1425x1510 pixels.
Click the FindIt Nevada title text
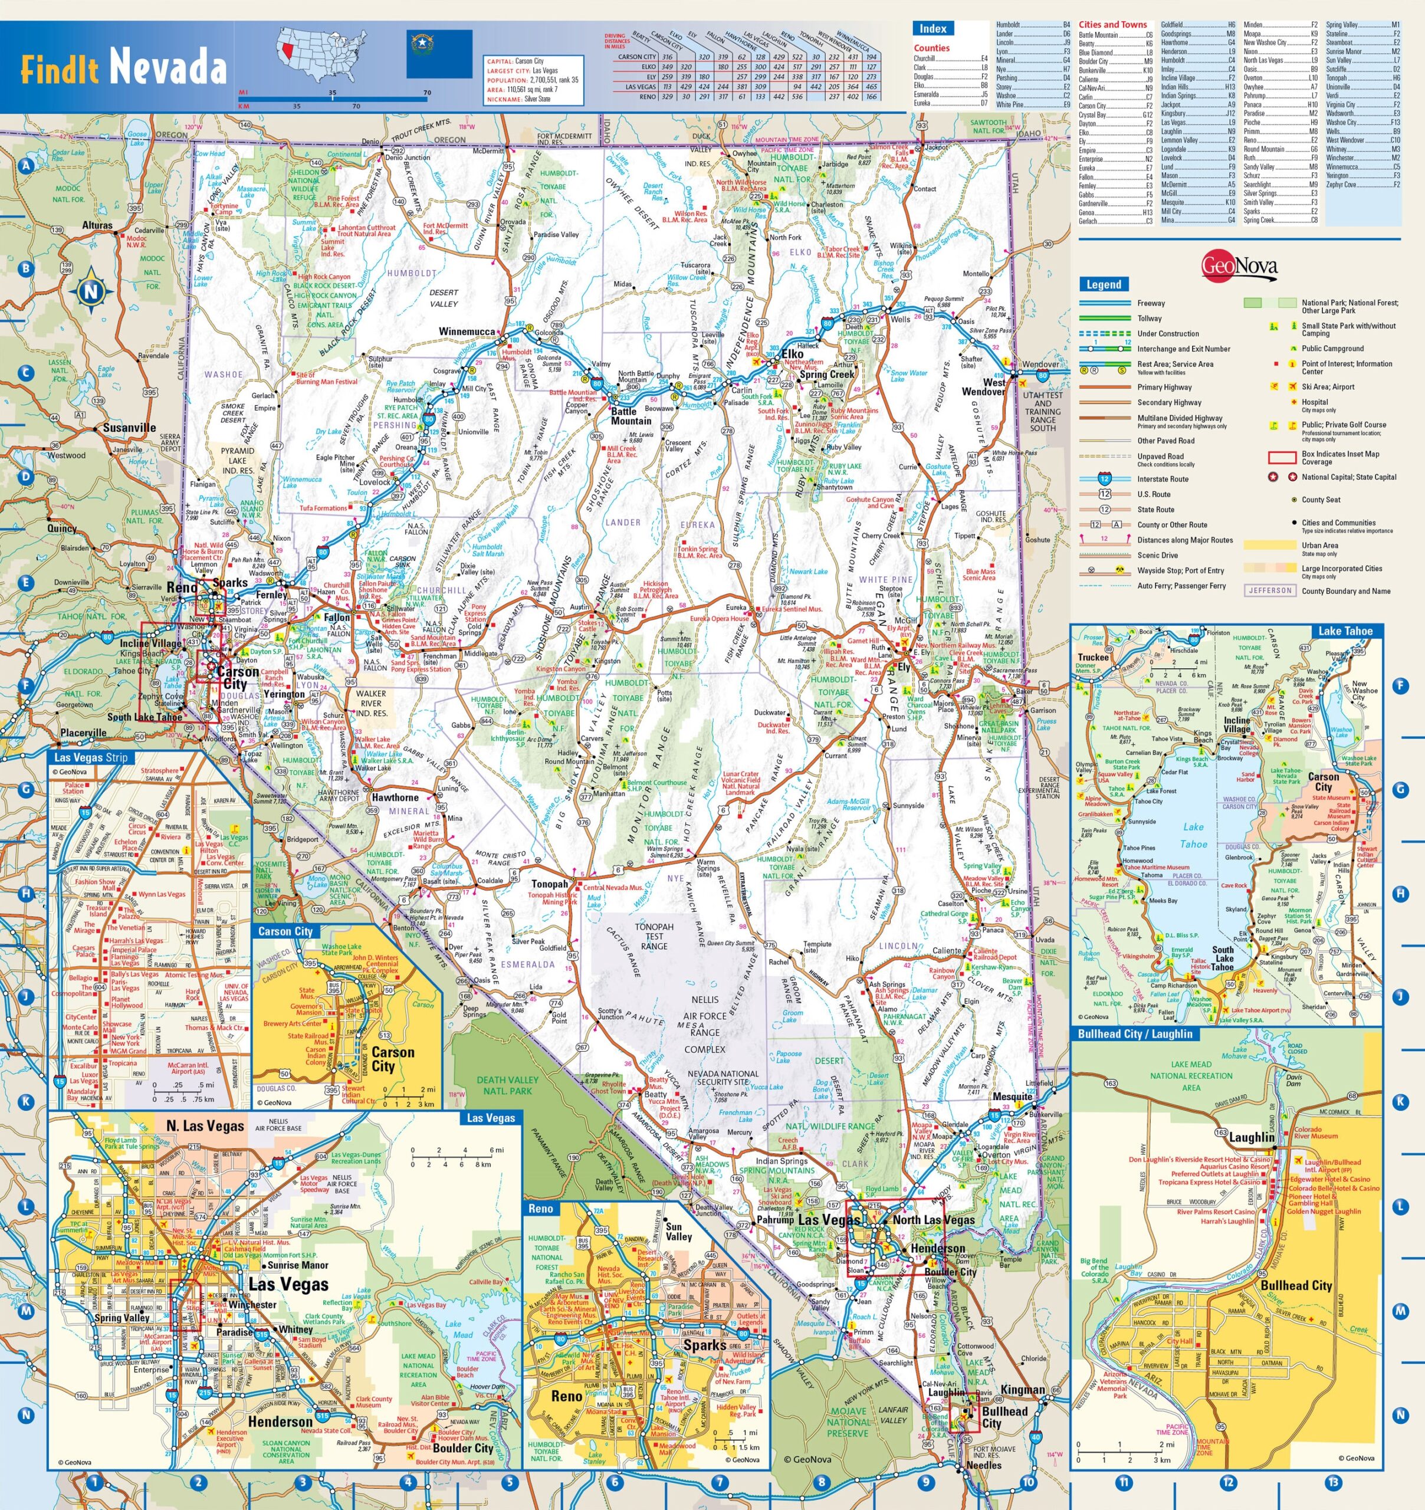point(123,68)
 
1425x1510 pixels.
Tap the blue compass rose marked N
point(91,291)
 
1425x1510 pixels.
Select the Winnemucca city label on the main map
point(467,332)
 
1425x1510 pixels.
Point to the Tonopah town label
point(549,884)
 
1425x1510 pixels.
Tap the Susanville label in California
point(129,428)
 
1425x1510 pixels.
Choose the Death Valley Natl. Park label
point(507,1085)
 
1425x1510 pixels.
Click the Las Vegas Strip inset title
point(91,757)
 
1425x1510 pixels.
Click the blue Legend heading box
point(1103,284)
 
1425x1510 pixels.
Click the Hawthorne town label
point(395,797)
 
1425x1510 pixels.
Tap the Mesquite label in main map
point(1012,1096)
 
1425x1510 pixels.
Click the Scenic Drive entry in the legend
point(1158,555)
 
